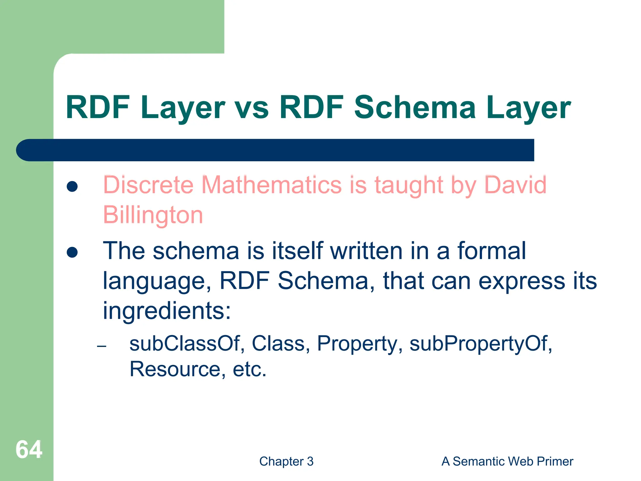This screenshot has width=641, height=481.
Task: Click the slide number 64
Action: [x=29, y=449]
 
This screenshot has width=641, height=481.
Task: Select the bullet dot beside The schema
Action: [x=72, y=252]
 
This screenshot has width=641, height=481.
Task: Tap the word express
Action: [x=522, y=281]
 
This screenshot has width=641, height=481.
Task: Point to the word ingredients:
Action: [x=167, y=311]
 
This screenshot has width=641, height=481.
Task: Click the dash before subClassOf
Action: [x=102, y=346]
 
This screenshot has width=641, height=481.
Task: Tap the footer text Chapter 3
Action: [x=286, y=461]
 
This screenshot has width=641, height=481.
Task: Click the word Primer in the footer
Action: [x=555, y=461]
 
